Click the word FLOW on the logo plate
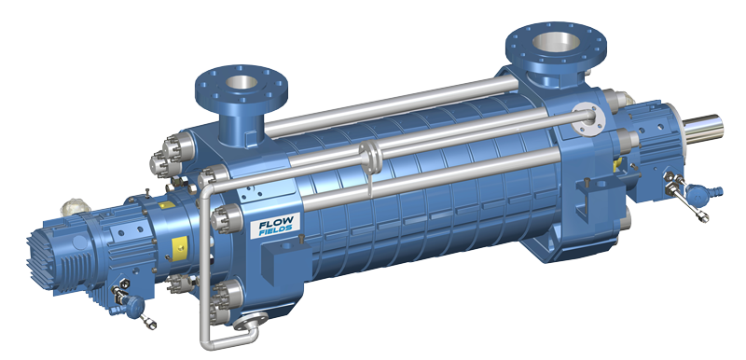[x=277, y=224]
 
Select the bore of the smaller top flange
[x=242, y=82]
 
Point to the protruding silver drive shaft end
[x=705, y=128]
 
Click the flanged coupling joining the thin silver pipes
[x=371, y=157]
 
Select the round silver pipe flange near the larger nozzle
[x=587, y=117]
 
